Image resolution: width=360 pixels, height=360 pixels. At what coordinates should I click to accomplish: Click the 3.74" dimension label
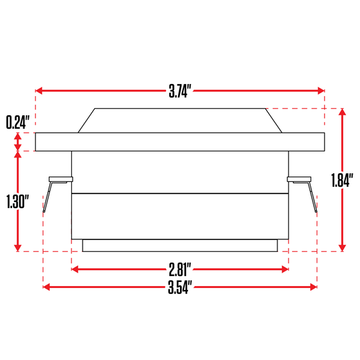(181, 91)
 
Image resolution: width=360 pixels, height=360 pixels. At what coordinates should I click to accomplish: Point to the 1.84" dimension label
(341, 181)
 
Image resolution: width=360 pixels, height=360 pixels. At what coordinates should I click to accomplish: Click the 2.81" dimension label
(180, 269)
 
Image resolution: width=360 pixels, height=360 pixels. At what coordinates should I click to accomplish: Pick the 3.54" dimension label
(180, 287)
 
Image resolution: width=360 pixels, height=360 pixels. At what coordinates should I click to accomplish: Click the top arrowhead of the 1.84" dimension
(343, 113)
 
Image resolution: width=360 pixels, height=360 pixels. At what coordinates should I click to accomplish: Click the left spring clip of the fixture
(54, 190)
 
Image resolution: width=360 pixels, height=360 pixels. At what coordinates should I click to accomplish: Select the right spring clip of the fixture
(305, 190)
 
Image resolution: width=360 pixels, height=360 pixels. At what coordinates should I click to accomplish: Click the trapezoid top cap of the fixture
(180, 121)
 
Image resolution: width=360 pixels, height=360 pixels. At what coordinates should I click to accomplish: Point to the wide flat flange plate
(180, 142)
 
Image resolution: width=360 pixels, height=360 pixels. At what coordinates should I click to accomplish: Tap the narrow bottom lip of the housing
(180, 246)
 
